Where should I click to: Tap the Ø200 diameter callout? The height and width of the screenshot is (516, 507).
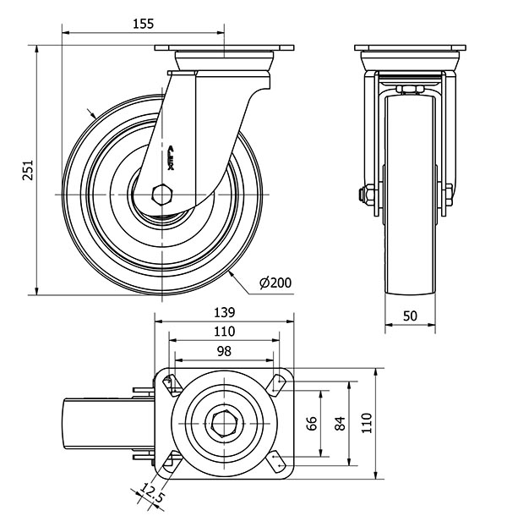(x=275, y=283)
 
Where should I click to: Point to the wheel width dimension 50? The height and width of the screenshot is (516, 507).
(x=410, y=316)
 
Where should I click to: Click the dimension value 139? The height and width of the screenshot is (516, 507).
(x=223, y=312)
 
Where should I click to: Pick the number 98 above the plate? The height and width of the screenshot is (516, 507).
(x=223, y=350)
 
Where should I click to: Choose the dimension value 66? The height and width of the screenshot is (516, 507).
(x=311, y=423)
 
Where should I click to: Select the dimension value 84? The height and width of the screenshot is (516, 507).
(x=340, y=423)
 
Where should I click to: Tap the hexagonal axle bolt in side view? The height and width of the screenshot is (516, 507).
(x=163, y=195)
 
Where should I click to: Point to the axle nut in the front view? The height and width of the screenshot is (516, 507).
(x=367, y=195)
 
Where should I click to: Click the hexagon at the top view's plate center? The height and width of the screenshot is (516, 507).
(x=223, y=423)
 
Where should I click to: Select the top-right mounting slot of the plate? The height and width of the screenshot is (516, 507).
(x=278, y=383)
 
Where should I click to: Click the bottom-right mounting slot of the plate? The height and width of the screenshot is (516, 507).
(x=278, y=462)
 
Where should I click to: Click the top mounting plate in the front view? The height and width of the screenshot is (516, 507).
(x=410, y=47)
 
